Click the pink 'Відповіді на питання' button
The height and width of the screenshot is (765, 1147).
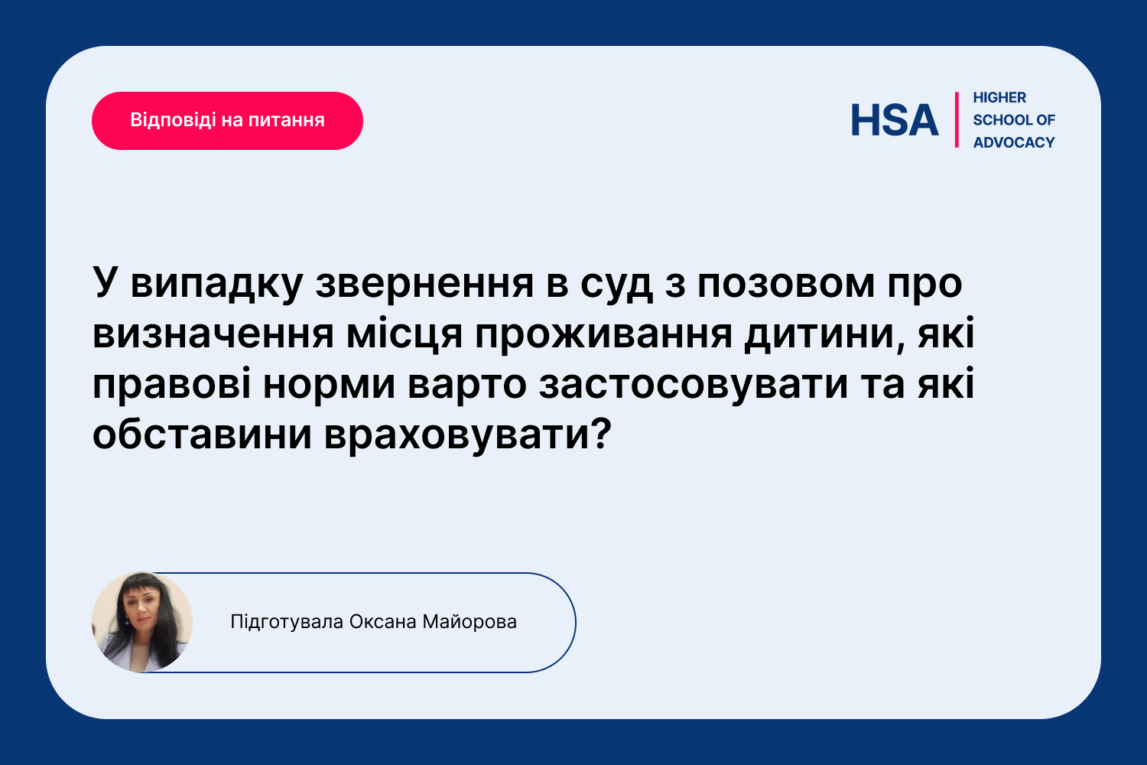[x=227, y=121]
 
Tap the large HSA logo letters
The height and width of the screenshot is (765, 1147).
[x=895, y=120]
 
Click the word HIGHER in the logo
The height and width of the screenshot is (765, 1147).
[x=999, y=97]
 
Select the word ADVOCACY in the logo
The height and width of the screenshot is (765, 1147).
[x=1014, y=142]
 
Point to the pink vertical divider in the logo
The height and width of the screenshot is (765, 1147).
[x=957, y=120]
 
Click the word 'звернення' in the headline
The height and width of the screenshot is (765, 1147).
[x=424, y=284]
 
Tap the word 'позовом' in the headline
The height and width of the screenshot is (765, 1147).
[x=786, y=284]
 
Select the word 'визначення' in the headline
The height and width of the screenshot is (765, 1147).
[x=213, y=334]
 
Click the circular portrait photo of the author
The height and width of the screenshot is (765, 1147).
[x=142, y=622]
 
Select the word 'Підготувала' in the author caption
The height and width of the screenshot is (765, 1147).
[x=287, y=622]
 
